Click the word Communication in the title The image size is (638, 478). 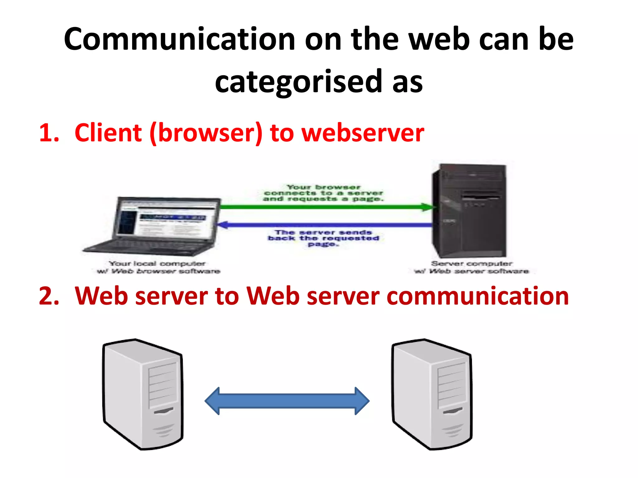click(x=179, y=40)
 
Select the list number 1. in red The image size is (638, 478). click(x=49, y=133)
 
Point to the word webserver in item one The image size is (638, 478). click(x=363, y=133)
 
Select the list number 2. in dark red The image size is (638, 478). click(x=49, y=296)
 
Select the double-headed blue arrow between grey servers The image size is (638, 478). click(x=287, y=401)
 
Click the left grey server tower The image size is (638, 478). click(x=143, y=394)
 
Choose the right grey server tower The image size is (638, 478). click(x=432, y=394)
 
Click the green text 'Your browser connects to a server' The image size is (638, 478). click(x=323, y=193)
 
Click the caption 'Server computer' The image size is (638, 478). click(x=471, y=264)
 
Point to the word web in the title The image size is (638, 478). click(x=439, y=40)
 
